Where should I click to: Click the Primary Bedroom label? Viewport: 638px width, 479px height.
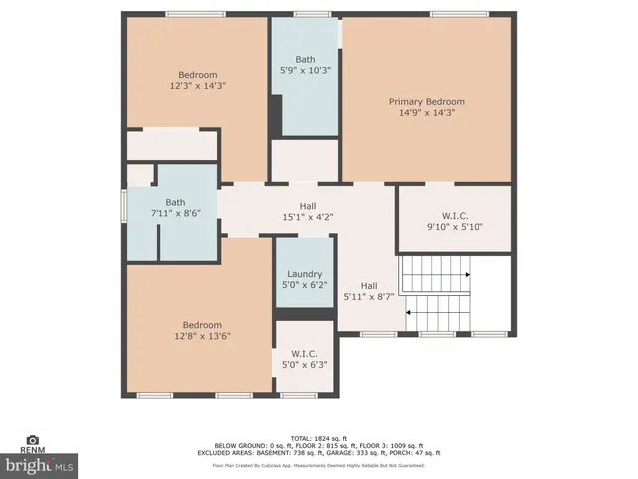click(426, 101)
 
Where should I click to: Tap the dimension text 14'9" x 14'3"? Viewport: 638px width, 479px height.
click(426, 113)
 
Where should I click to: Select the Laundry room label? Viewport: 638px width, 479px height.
click(304, 274)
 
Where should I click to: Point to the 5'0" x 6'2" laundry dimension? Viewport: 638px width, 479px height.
click(304, 286)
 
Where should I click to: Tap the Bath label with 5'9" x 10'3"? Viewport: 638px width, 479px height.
click(305, 59)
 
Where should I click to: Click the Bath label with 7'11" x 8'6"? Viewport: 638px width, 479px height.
click(175, 201)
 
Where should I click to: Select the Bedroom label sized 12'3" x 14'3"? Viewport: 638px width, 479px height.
click(197, 75)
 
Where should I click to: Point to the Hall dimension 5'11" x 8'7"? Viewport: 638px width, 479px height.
click(369, 296)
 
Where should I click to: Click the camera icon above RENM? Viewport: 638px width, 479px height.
click(33, 439)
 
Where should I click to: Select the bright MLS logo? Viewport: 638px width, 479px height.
click(39, 465)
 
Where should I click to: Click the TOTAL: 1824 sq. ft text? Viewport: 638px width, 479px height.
click(318, 439)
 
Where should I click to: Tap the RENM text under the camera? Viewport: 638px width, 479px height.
click(33, 450)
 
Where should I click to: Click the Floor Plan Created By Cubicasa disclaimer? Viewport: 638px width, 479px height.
click(318, 465)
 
